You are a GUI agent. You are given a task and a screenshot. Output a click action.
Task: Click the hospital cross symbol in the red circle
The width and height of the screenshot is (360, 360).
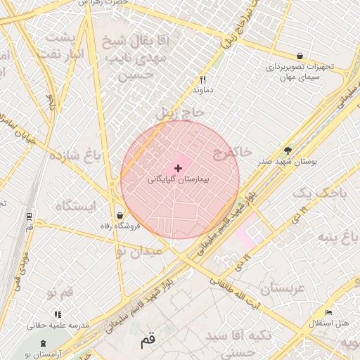pyautogui.click(x=178, y=168)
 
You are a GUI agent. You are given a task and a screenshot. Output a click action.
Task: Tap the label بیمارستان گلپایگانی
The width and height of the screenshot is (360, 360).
pyautogui.click(x=179, y=180)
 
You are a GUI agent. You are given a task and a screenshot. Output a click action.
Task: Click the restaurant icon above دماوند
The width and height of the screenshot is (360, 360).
pyautogui.click(x=202, y=79)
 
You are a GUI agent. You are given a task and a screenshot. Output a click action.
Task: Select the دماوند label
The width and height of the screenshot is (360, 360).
pyautogui.click(x=202, y=91)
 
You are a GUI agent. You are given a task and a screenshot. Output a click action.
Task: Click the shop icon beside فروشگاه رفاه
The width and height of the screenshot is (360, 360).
pyautogui.click(x=120, y=215)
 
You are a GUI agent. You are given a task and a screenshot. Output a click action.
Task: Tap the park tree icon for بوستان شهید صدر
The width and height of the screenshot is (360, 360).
pyautogui.click(x=287, y=150)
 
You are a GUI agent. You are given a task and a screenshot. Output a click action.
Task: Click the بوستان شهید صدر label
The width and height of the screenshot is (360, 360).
pyautogui.click(x=287, y=161)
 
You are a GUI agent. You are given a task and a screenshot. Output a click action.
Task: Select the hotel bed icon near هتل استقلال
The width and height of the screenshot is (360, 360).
pyautogui.click(x=328, y=312)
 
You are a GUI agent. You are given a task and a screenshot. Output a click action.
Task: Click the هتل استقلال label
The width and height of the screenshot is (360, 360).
pyautogui.click(x=328, y=323)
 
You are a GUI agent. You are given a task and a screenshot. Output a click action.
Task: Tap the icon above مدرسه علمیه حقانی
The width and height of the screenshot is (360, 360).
pyautogui.click(x=57, y=314)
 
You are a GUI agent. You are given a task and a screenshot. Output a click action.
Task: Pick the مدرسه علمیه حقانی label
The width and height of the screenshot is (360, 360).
pyautogui.click(x=58, y=326)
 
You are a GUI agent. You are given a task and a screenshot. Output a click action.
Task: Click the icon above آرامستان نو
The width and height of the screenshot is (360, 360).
pyautogui.click(x=44, y=342)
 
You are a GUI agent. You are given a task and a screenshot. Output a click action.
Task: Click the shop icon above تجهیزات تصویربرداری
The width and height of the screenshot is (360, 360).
pyautogui.click(x=300, y=56)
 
